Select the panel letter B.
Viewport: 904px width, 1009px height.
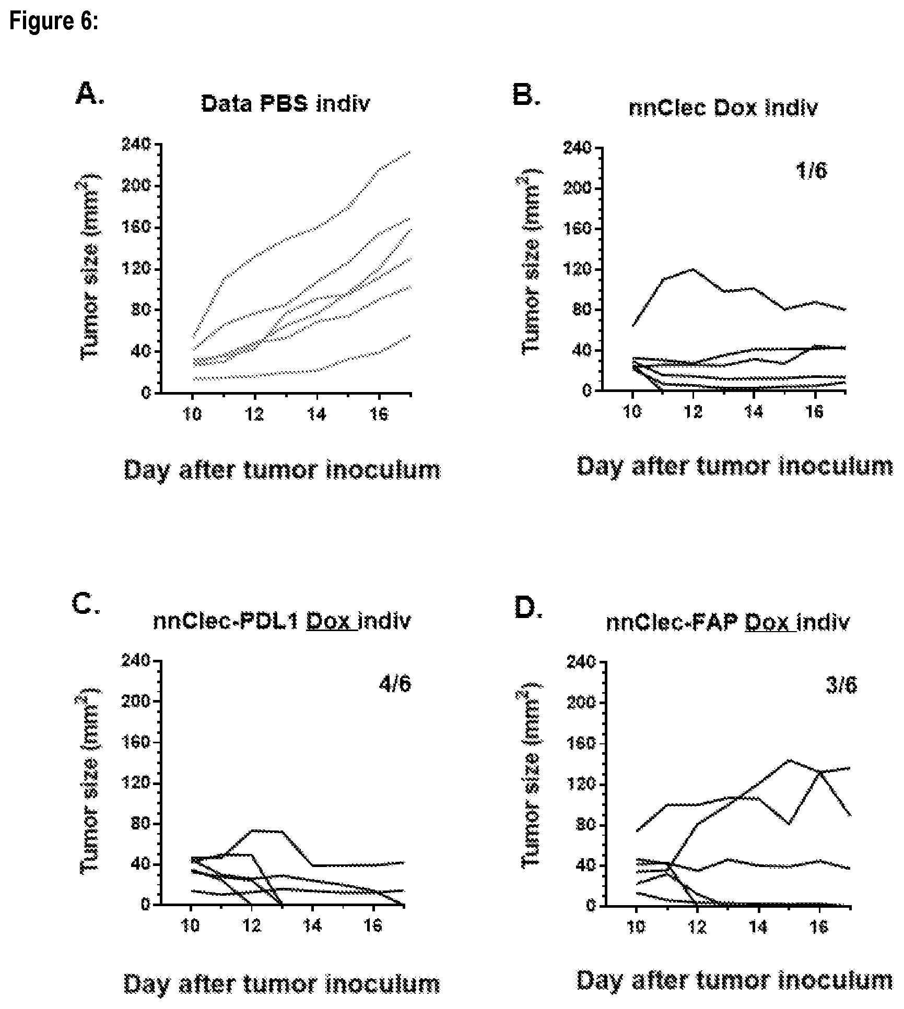pyautogui.click(x=526, y=95)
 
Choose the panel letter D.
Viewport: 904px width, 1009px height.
pyautogui.click(x=529, y=608)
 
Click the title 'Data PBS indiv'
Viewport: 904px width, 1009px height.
pyautogui.click(x=286, y=103)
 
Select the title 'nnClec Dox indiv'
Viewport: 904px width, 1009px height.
pyautogui.click(x=723, y=107)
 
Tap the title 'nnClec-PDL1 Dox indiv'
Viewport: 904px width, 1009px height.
pyautogui.click(x=282, y=621)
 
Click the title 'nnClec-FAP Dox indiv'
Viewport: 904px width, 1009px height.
pyautogui.click(x=728, y=623)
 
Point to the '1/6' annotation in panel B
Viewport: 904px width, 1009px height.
pyautogui.click(x=811, y=171)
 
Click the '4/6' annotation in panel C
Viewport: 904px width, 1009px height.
pyautogui.click(x=395, y=683)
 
